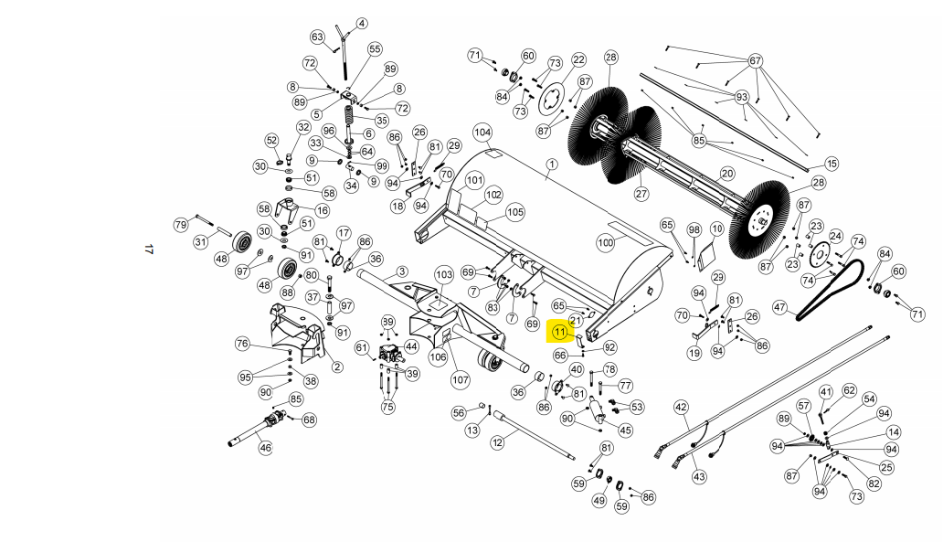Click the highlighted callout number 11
coord(560,332)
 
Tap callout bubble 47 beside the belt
coord(780,307)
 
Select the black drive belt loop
coord(831,290)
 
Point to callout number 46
coord(265,448)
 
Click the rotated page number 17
coord(149,249)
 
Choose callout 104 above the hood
coord(482,133)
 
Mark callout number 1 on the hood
coord(552,164)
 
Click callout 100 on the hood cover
coord(605,242)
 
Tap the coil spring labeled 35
coord(350,115)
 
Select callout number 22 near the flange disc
coord(578,59)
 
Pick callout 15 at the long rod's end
coord(832,163)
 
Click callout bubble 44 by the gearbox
coord(411,346)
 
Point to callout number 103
coord(444,275)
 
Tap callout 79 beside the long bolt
coord(181,225)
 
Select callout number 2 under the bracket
coord(337,367)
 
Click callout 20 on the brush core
coord(727,174)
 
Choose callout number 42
coord(681,408)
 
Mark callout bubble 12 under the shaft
coord(497,442)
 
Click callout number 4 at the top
coord(362,24)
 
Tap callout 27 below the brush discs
coord(641,194)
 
